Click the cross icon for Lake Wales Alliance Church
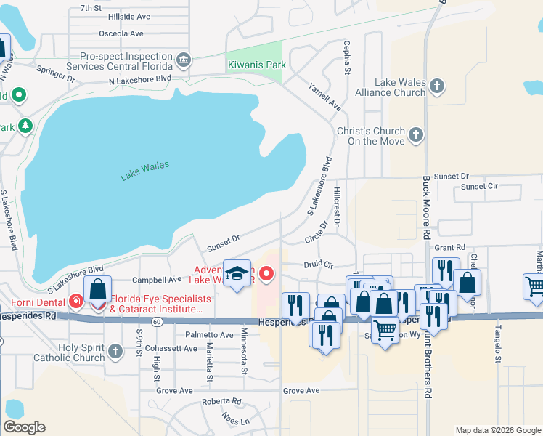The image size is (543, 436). pos(436,86)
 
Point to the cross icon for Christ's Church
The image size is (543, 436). pos(415,135)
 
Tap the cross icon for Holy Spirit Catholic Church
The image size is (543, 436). pos(115,352)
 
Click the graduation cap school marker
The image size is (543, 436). pos(237,274)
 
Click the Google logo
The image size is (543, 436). pos(24,427)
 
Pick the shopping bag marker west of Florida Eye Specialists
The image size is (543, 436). pos(97,288)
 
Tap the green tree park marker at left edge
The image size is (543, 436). pos(25,126)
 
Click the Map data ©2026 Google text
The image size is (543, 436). pos(497,430)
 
